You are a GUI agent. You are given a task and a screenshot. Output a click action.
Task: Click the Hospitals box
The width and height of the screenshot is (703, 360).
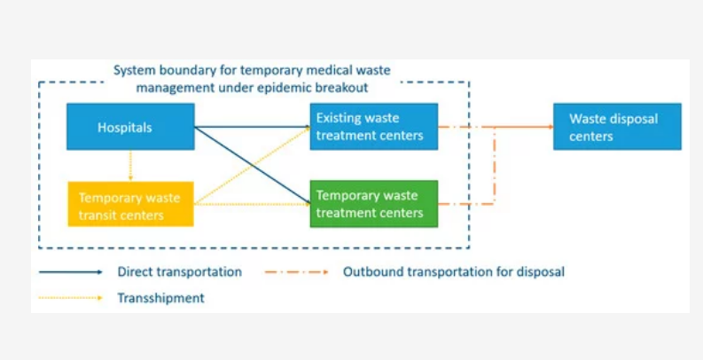[x=130, y=127]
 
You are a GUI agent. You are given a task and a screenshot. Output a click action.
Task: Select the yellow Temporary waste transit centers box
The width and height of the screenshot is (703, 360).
[x=130, y=204]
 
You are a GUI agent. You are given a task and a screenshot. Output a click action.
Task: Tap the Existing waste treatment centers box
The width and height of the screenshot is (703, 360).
[x=374, y=127]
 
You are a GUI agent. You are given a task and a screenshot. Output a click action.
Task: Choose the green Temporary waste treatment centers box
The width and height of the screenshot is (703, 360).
[x=374, y=204]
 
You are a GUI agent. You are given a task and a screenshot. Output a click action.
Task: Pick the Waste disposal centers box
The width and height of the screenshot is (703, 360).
[x=617, y=127]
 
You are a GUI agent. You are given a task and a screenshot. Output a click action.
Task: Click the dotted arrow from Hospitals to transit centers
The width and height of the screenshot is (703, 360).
[x=130, y=166]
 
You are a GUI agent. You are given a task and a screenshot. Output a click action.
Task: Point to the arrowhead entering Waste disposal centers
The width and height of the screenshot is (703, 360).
[x=551, y=127]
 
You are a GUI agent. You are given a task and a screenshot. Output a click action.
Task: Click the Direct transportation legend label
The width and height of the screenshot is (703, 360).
[x=180, y=271]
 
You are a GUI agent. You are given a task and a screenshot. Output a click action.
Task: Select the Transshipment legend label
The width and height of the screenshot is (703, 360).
[x=161, y=298]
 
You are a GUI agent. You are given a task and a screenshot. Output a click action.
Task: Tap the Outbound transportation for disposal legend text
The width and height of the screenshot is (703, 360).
[x=454, y=271]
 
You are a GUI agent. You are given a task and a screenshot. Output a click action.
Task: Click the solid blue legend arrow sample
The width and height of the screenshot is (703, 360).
[x=71, y=272]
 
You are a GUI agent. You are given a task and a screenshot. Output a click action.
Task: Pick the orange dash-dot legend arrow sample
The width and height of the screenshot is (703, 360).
[x=296, y=272]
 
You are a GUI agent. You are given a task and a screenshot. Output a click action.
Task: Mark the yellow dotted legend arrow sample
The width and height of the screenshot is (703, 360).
[x=71, y=298]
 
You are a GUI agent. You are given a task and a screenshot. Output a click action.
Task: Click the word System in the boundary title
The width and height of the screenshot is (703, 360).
[x=131, y=70]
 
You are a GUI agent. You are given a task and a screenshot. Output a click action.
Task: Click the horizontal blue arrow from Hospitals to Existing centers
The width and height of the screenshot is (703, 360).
[x=253, y=127]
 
